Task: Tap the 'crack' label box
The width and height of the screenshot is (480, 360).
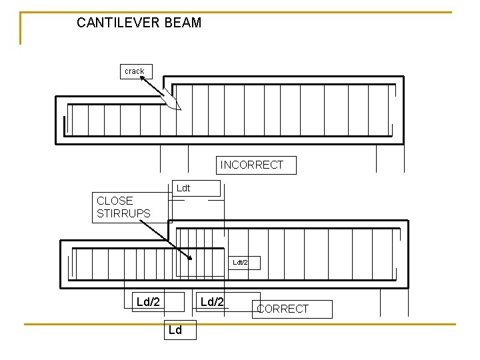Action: (134, 71)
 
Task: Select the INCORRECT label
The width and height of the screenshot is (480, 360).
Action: (252, 165)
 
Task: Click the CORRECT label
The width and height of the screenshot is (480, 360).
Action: (283, 309)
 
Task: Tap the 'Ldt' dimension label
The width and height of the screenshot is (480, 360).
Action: (183, 188)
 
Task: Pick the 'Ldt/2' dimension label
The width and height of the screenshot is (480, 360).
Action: (240, 263)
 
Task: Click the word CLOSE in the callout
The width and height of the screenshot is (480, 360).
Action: (115, 201)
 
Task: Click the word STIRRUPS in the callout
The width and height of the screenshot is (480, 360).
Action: (123, 214)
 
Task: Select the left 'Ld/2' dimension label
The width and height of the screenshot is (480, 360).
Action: (148, 302)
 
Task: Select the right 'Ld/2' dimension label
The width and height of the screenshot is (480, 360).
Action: (213, 302)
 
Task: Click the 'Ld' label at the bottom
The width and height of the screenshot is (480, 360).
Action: (175, 330)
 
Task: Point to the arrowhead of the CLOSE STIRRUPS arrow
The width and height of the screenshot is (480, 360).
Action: (190, 258)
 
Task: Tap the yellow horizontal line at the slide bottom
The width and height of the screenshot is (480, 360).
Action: (240, 324)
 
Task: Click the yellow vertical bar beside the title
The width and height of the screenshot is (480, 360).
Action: (21, 28)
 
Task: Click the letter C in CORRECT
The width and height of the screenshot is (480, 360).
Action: (261, 309)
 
